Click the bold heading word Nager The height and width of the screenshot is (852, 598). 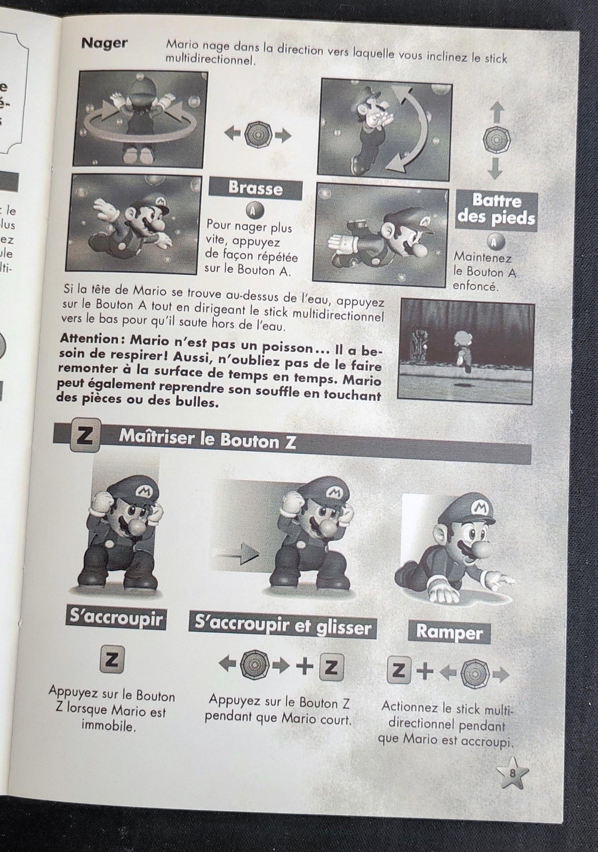[104, 43]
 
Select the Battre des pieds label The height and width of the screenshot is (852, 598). [496, 210]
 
